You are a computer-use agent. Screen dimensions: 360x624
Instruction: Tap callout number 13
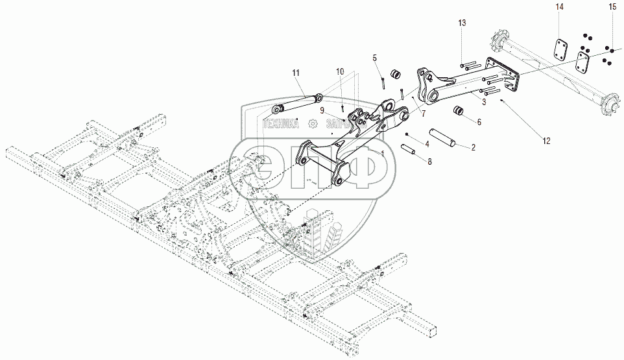[462, 23]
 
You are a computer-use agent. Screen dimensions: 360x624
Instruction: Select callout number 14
[559, 6]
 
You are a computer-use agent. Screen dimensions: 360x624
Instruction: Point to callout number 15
[612, 6]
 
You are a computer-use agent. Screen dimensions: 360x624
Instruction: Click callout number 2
[473, 147]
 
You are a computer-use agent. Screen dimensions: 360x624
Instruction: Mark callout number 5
[374, 58]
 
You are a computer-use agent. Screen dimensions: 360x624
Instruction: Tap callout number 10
[340, 71]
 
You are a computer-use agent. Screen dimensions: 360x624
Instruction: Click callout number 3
[483, 102]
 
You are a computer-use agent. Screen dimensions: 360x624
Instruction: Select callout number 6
[479, 121]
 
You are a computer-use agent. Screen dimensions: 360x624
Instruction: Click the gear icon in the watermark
[313, 123]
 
